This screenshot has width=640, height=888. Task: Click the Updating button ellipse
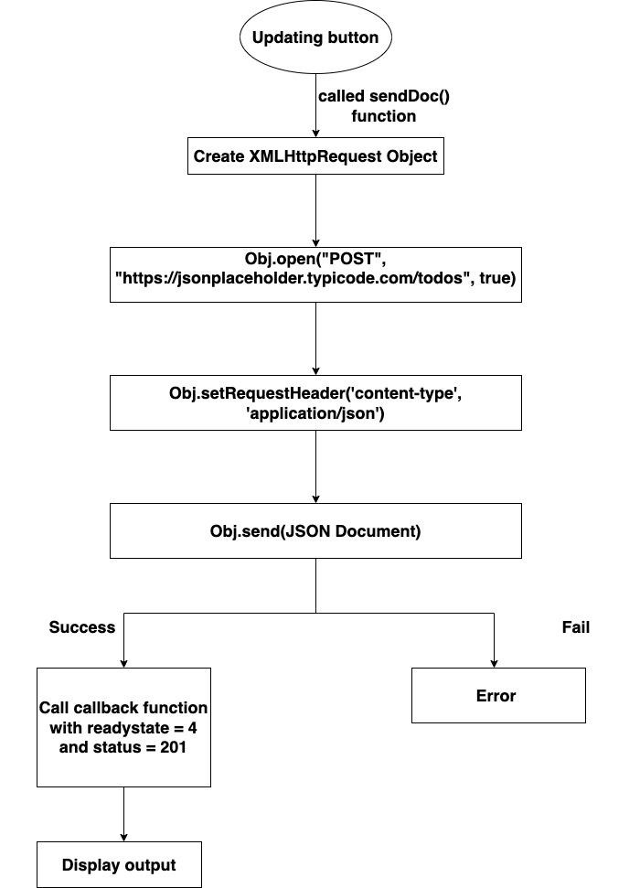[315, 38]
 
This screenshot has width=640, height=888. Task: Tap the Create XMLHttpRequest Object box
[315, 156]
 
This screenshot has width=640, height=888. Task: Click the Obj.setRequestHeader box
[315, 402]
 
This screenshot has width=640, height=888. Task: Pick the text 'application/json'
[315, 412]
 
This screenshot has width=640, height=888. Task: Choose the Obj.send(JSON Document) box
[315, 530]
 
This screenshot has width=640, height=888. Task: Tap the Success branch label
[82, 627]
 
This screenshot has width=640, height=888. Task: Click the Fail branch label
[575, 627]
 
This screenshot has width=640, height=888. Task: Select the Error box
[497, 696]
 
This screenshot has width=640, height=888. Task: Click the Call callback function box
[123, 727]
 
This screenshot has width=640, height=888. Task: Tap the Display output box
[119, 864]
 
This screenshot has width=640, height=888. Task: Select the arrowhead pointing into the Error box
[495, 662]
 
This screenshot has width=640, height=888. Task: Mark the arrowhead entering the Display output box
[123, 836]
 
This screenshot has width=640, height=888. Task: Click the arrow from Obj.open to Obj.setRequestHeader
[315, 338]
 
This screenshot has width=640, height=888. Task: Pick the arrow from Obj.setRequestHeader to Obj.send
[315, 466]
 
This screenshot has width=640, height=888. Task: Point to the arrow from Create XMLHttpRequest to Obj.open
[315, 210]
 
